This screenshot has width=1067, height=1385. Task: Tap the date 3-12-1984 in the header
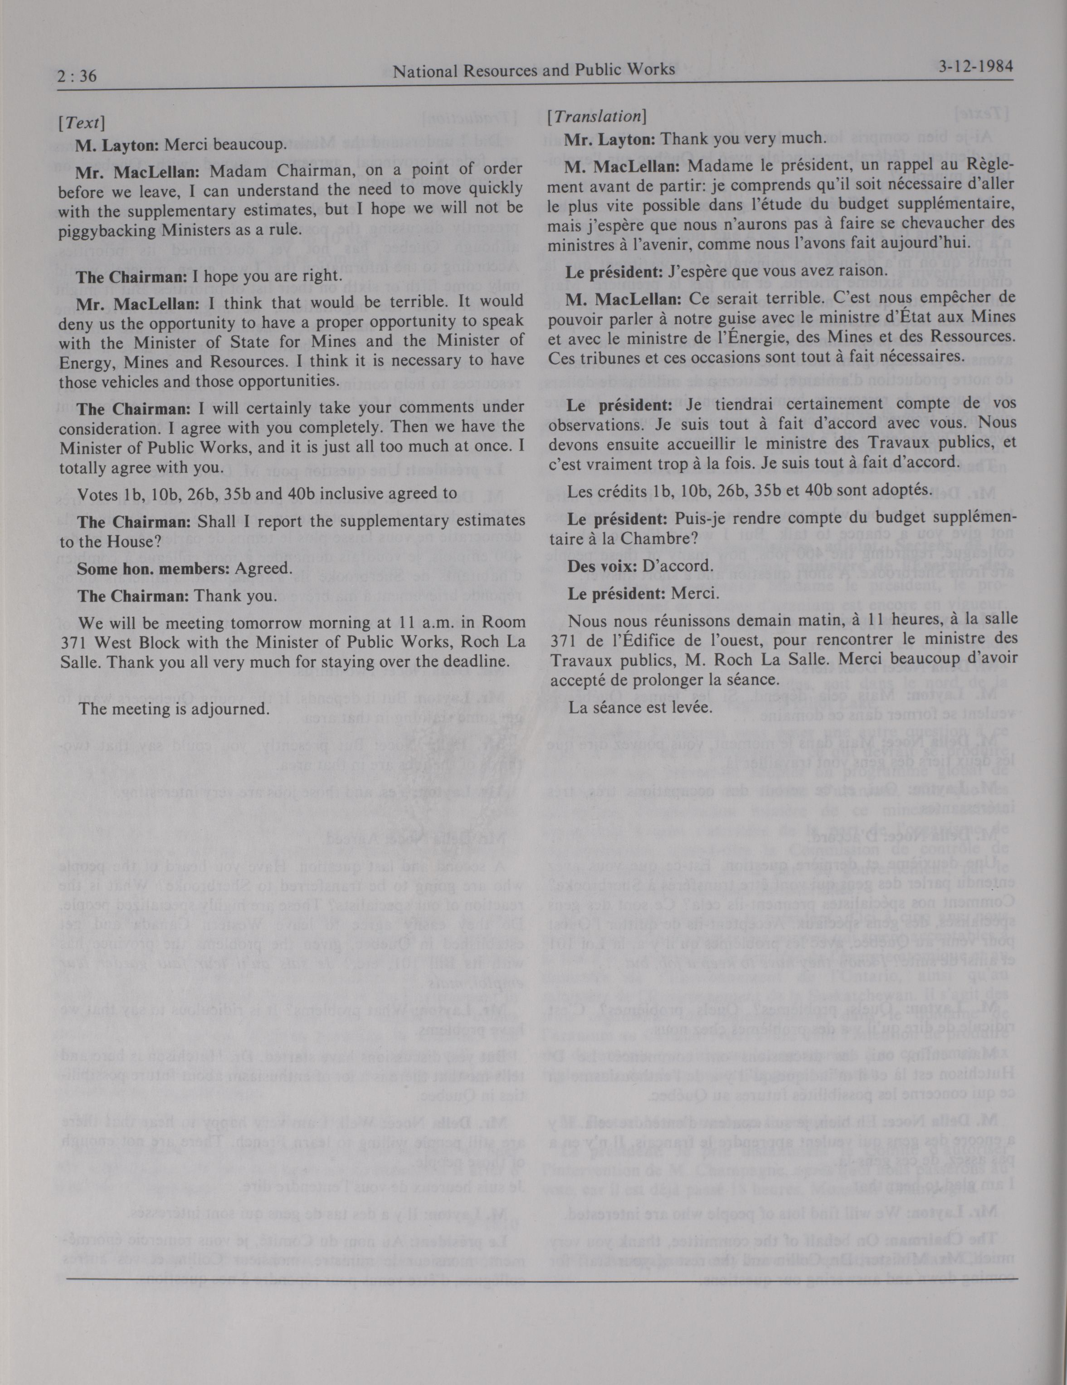[974, 67]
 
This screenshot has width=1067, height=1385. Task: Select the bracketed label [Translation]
[596, 116]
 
